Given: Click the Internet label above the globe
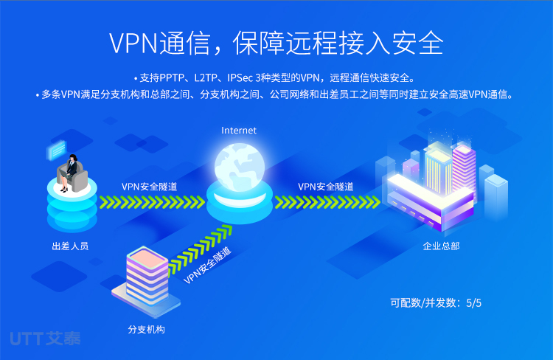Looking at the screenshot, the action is [239, 131].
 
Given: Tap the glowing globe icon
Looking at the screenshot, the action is [240, 167].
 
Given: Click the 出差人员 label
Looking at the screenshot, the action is [70, 246].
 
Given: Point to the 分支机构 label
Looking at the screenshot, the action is [147, 329].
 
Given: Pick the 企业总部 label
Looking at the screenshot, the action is [441, 246].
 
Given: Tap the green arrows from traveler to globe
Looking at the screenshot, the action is [152, 202].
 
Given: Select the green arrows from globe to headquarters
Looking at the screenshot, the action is [327, 202].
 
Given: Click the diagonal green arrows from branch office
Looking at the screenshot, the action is [200, 251].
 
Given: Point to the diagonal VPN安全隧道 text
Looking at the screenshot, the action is [208, 266].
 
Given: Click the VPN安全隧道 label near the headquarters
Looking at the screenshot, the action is [325, 187].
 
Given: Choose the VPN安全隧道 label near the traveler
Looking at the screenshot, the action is [149, 187].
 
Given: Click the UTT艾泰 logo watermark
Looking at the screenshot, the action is [45, 339].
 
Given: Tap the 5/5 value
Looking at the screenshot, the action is [473, 302].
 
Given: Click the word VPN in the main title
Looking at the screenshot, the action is [133, 44].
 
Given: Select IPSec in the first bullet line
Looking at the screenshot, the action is [240, 77].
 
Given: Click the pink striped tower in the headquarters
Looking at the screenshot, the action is [464, 169].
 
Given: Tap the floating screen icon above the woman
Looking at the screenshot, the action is [57, 150].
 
